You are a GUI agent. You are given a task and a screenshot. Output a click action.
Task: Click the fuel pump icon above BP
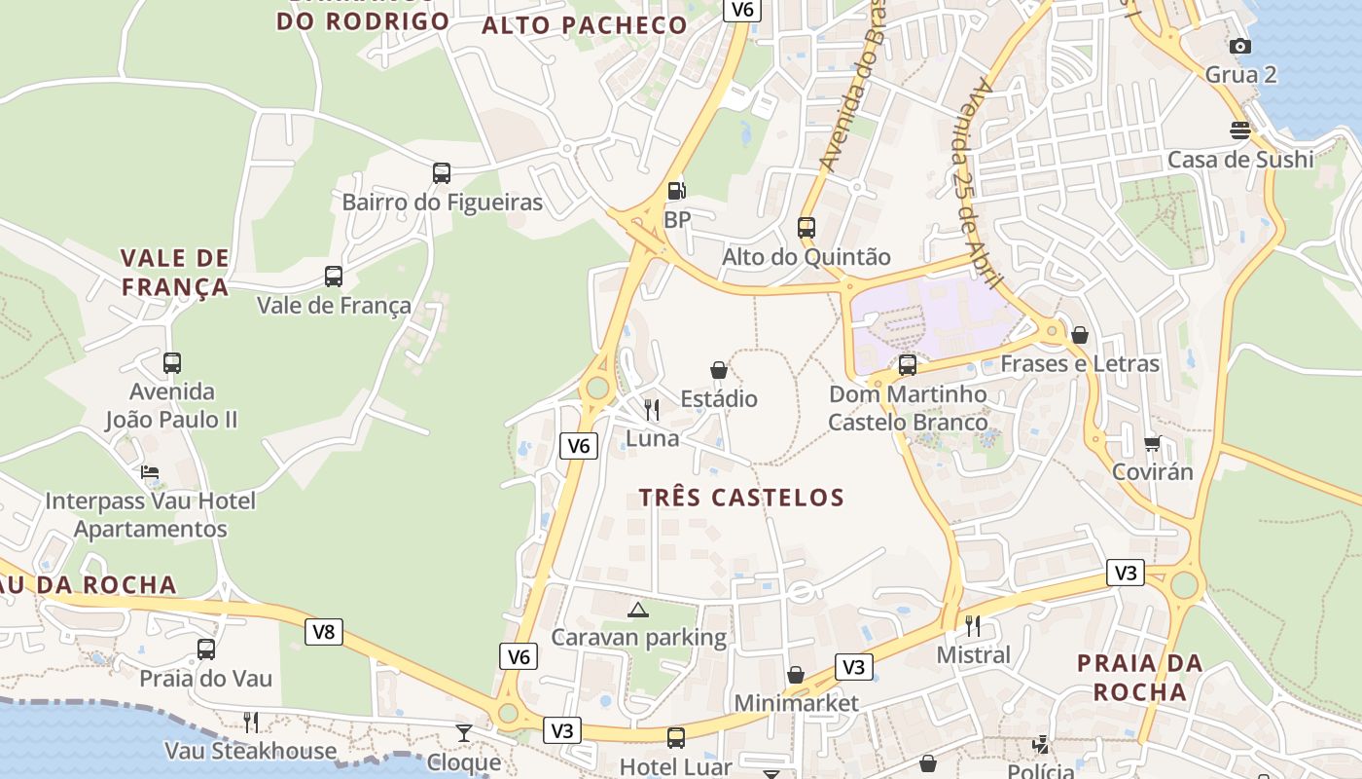click(x=676, y=191)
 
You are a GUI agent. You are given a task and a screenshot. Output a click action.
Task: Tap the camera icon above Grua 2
click(x=1239, y=46)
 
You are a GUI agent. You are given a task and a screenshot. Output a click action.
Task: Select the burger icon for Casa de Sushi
click(x=1239, y=130)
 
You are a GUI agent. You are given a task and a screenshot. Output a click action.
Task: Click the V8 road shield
click(x=324, y=632)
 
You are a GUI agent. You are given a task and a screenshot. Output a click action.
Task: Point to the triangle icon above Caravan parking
click(x=637, y=611)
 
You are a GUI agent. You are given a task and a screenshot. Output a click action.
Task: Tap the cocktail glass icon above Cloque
click(x=464, y=733)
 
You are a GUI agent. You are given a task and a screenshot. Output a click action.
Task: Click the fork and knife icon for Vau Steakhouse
click(x=250, y=722)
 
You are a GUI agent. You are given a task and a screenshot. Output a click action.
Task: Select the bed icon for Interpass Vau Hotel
click(x=150, y=472)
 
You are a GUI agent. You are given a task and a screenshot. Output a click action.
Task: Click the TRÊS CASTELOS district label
click(x=741, y=498)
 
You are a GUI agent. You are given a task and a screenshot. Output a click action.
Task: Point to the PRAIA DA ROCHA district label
click(x=1139, y=678)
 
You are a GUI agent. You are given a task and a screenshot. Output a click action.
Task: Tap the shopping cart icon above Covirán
click(x=1152, y=443)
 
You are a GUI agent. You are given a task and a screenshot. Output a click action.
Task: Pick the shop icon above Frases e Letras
click(x=1079, y=335)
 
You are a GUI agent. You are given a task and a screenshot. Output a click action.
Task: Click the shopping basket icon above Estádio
click(x=718, y=370)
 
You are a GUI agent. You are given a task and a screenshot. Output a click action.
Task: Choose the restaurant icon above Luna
click(x=652, y=409)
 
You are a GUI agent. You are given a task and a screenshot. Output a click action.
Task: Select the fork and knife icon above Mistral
click(x=973, y=625)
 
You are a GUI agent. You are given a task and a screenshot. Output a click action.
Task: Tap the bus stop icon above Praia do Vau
click(x=205, y=649)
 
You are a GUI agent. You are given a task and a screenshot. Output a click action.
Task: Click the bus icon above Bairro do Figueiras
click(x=442, y=173)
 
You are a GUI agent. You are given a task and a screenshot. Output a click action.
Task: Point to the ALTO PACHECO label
click(x=585, y=25)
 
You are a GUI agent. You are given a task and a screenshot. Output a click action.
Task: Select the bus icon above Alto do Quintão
click(x=806, y=228)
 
